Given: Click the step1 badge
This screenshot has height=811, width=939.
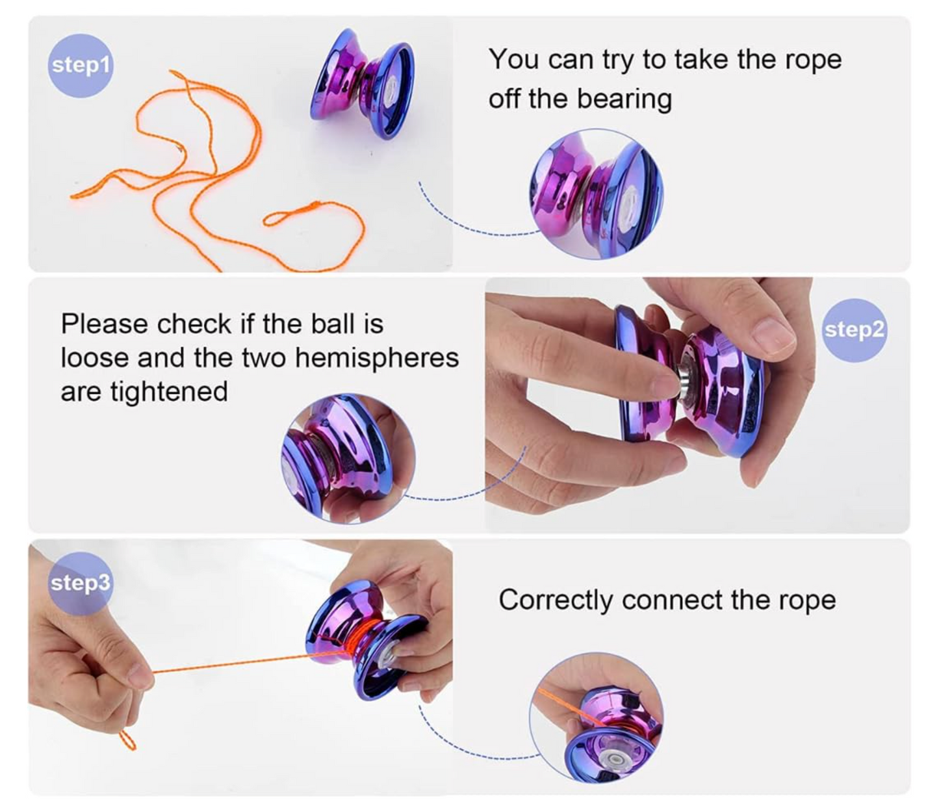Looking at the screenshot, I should [81, 66].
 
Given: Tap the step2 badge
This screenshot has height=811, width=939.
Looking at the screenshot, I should [854, 330].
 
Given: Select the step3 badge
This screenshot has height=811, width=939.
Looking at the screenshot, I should [81, 583].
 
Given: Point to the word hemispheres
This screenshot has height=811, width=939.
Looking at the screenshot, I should [377, 357].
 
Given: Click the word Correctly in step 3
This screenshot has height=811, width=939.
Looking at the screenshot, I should [555, 600].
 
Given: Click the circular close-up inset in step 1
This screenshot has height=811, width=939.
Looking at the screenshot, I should [596, 191].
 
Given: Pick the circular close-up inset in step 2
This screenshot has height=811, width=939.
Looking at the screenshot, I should [348, 459].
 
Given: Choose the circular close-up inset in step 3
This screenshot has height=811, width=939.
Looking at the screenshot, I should [596, 717].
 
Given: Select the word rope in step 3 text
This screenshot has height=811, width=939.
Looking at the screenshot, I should [809, 600].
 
